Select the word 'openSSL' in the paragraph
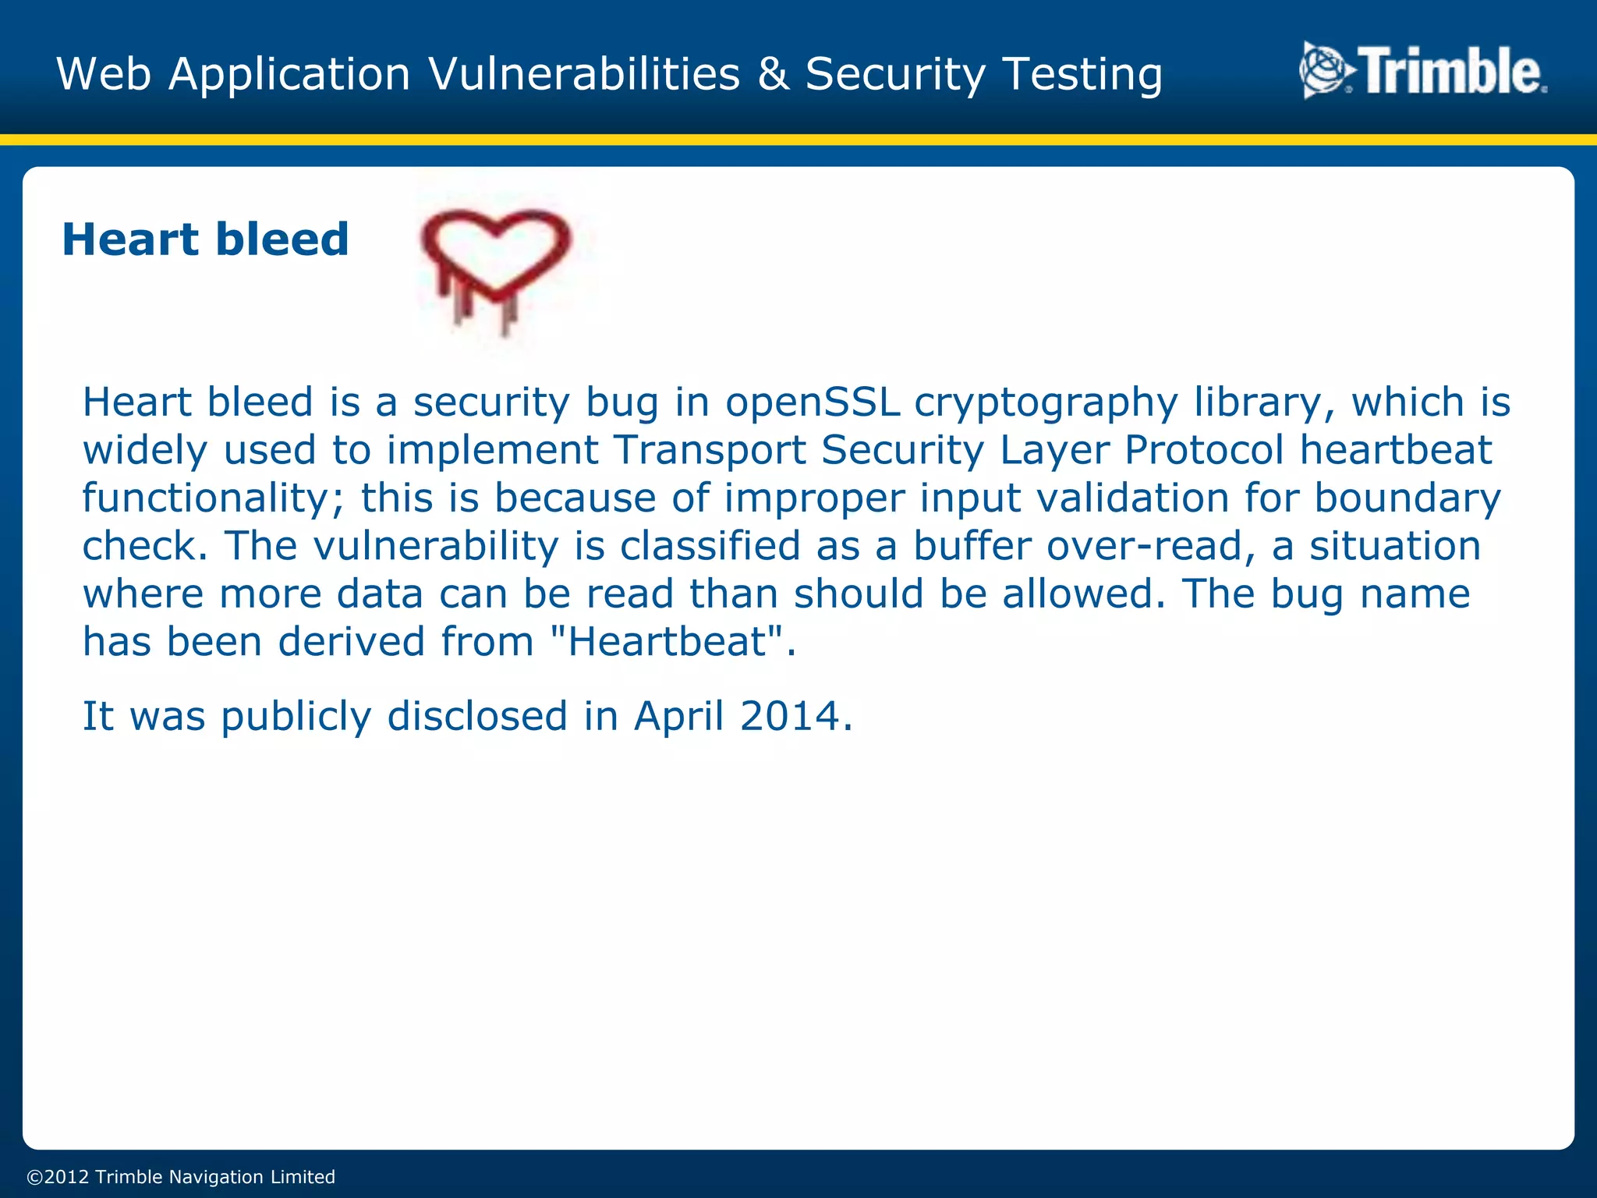pyautogui.click(x=813, y=402)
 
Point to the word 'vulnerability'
pyautogui.click(x=436, y=546)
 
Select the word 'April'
pyautogui.click(x=679, y=716)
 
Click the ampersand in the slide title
pyautogui.click(x=773, y=75)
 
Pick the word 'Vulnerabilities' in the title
pyautogui.click(x=584, y=75)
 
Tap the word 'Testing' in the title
pyautogui.click(x=1082, y=75)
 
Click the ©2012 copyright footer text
pyautogui.click(x=181, y=1177)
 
